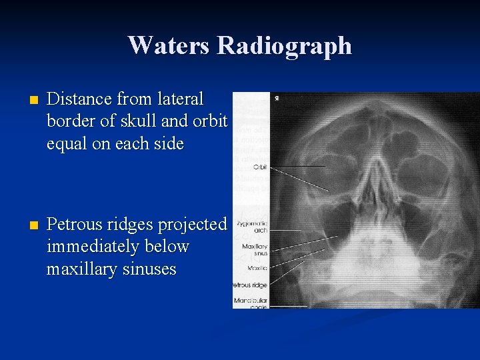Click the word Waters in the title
169,45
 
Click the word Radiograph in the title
284,46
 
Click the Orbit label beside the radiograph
259,167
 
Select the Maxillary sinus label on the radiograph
255,251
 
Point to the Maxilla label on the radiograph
257,268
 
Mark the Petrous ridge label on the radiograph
250,285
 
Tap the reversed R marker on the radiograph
276,99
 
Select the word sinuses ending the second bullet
145,269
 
